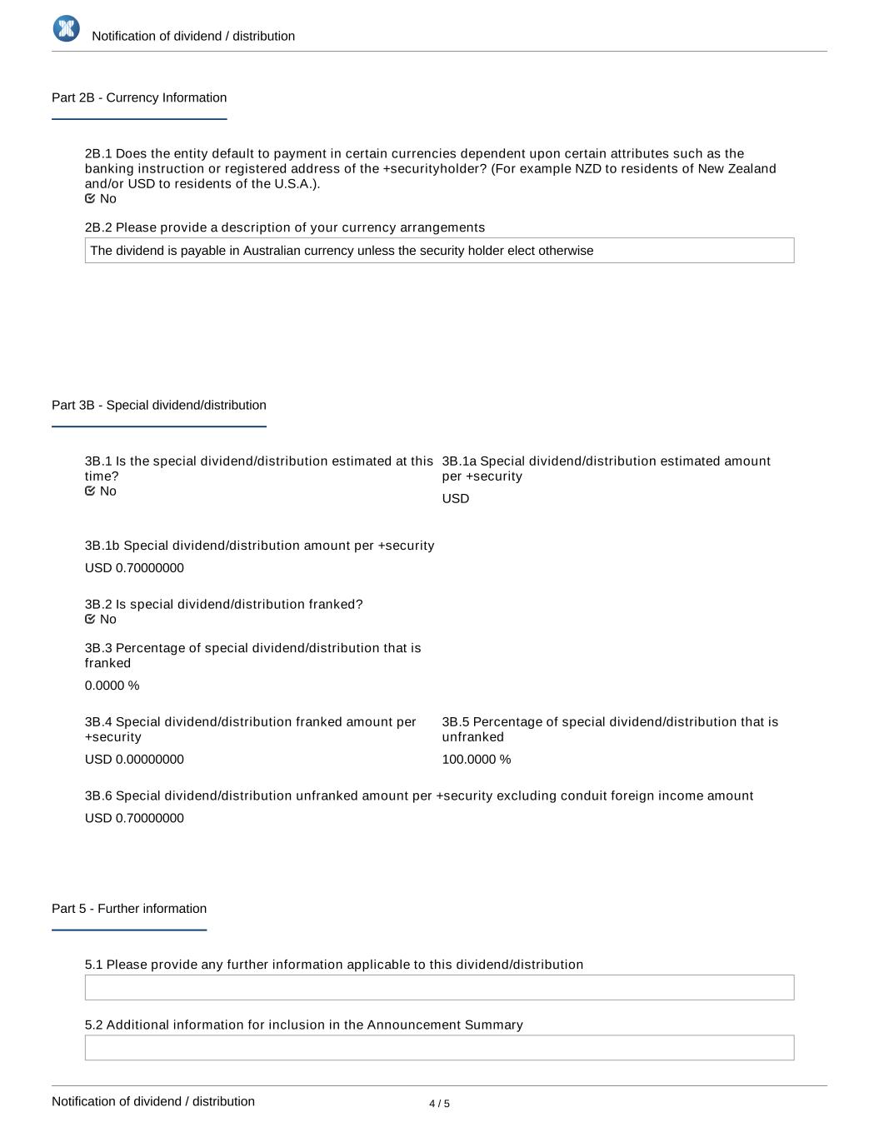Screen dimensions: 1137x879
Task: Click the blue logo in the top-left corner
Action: point(66,28)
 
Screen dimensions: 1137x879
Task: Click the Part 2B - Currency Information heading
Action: point(139,97)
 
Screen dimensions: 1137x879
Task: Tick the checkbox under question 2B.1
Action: point(90,198)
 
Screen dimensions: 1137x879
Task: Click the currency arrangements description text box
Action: point(439,251)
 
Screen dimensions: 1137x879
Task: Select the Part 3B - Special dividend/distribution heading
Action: point(159,405)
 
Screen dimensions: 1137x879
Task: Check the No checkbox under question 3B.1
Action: point(90,491)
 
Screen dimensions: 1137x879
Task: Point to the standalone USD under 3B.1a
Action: point(456,498)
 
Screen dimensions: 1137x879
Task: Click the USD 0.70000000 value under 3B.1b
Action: point(134,568)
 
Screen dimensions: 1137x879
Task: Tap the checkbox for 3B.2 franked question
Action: point(90,619)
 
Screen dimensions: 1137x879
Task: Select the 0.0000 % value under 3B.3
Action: point(112,686)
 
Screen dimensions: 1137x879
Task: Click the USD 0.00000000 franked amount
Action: point(134,760)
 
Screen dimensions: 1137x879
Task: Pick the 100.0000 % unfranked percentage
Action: point(477,760)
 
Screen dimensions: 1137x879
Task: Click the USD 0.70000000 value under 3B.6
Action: point(134,818)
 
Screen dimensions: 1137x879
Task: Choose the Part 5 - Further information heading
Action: point(129,909)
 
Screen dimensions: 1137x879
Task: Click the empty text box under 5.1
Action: point(439,987)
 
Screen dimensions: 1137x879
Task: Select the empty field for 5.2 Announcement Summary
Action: point(439,1048)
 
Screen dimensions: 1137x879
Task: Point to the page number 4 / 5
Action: point(439,1104)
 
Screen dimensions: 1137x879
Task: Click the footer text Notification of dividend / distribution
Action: point(153,1101)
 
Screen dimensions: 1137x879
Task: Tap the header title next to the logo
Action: point(193,36)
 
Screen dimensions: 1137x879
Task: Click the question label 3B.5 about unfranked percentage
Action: point(610,729)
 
